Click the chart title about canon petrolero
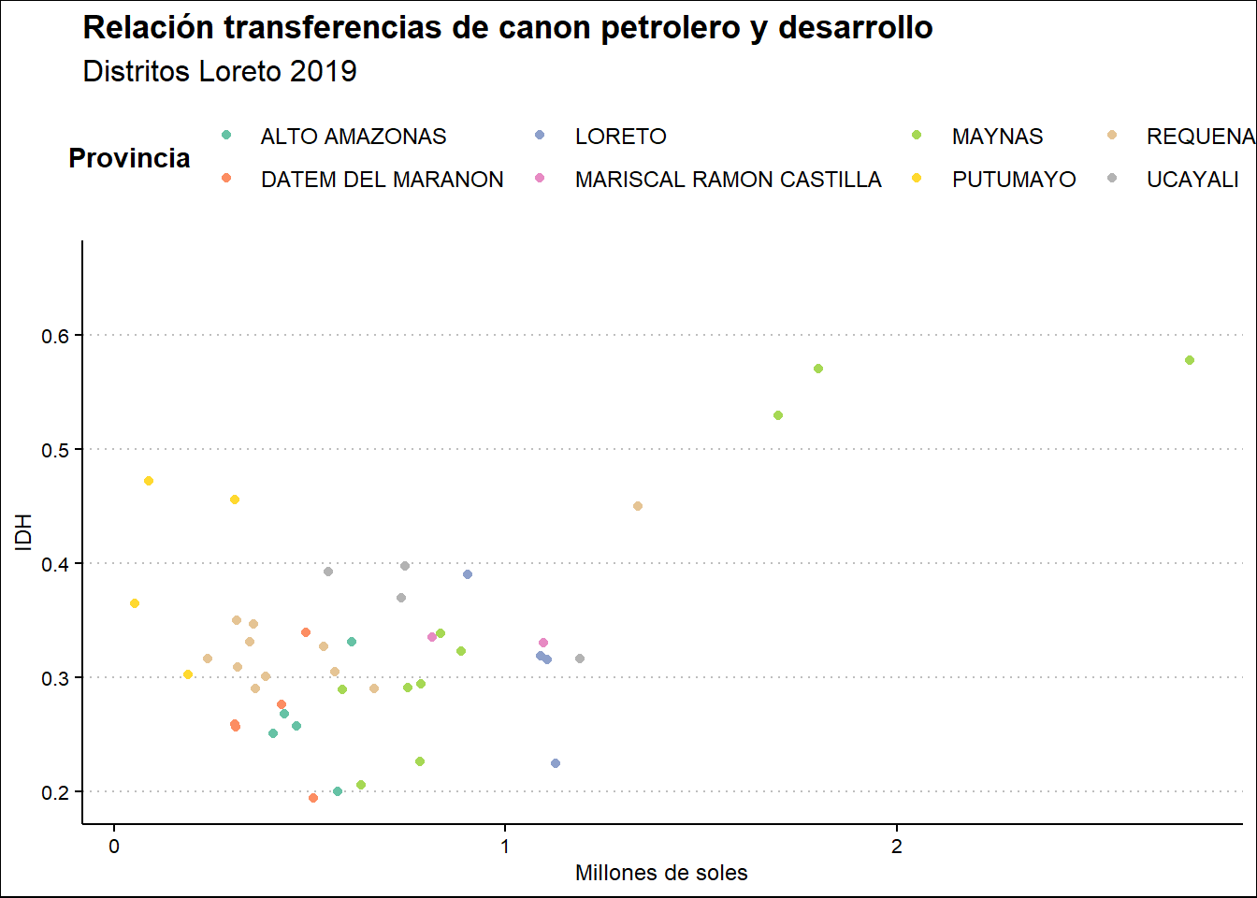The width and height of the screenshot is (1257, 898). [x=508, y=28]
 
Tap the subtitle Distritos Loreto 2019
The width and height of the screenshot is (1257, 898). [x=220, y=72]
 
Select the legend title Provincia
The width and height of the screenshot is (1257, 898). [x=129, y=158]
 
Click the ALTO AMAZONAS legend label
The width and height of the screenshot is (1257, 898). [x=354, y=137]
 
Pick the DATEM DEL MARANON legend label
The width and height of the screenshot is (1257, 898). [x=382, y=180]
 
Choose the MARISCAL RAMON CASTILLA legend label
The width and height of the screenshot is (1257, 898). [x=728, y=180]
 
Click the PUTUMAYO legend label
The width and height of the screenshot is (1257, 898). [x=1014, y=180]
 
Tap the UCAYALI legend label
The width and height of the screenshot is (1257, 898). [x=1192, y=180]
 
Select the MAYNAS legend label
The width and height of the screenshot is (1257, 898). [x=997, y=137]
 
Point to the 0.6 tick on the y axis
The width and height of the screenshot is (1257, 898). [x=55, y=336]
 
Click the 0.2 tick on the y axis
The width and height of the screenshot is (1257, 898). [x=55, y=792]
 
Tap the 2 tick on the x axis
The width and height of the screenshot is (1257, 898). [x=897, y=847]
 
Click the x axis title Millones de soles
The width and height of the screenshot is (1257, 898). [x=661, y=874]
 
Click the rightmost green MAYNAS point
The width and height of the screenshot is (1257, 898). [x=1190, y=360]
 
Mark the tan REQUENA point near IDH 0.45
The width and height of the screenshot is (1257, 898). [x=638, y=506]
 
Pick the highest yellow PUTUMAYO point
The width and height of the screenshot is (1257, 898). [x=149, y=481]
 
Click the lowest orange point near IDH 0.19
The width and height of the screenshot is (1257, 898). [x=313, y=798]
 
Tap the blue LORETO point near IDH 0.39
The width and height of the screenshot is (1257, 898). [x=468, y=574]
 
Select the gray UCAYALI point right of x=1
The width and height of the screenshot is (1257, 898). [x=580, y=659]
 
